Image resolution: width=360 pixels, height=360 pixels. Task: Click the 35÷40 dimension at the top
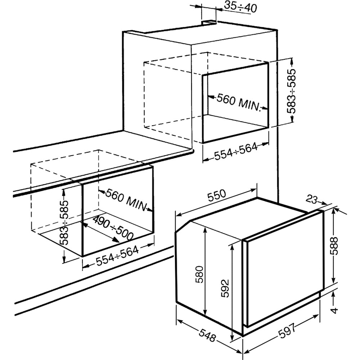pyautogui.click(x=240, y=7)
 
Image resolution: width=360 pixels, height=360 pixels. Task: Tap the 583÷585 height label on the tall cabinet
pyautogui.click(x=292, y=91)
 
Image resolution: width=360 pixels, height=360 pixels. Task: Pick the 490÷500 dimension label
pyautogui.click(x=113, y=228)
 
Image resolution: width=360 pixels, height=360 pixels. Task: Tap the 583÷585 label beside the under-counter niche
pyautogui.click(x=64, y=223)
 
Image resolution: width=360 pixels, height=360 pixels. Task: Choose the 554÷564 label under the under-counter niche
pyautogui.click(x=117, y=256)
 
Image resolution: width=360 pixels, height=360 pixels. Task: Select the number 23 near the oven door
pyautogui.click(x=311, y=199)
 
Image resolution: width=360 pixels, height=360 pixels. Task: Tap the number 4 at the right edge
pyautogui.click(x=335, y=311)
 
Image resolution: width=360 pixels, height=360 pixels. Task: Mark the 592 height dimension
pyautogui.click(x=225, y=288)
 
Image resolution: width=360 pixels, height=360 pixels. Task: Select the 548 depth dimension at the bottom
pyautogui.click(x=207, y=335)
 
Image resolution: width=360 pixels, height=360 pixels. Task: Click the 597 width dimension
pyautogui.click(x=287, y=331)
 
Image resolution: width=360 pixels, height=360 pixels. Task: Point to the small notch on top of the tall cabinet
pyautogui.click(x=209, y=22)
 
